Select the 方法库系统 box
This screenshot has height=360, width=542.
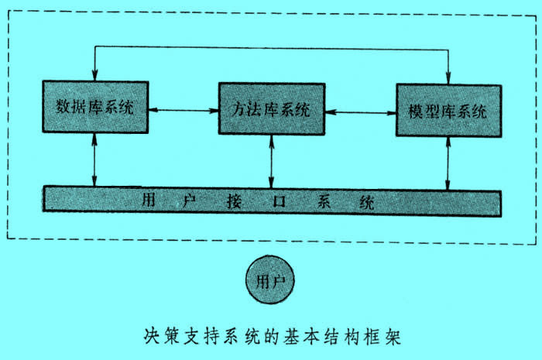[x=271, y=109]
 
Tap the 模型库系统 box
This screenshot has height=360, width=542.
[x=448, y=111]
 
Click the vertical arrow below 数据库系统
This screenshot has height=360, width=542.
[x=94, y=159]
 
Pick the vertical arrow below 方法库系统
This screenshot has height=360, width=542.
[x=271, y=162]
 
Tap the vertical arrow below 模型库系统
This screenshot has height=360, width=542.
[x=448, y=164]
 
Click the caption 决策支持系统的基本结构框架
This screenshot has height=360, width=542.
[x=271, y=336]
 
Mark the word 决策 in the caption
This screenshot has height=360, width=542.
[x=159, y=336]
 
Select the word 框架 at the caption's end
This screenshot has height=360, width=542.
[x=384, y=337]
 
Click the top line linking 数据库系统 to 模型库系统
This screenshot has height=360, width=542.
[x=271, y=49]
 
